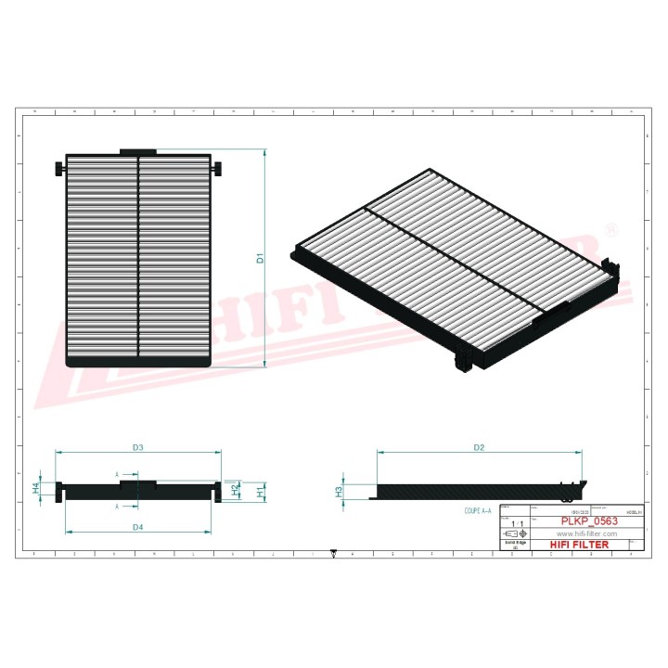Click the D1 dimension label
click(x=261, y=259)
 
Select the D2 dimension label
click(x=480, y=447)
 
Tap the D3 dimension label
click(x=138, y=447)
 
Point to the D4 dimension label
click(x=138, y=527)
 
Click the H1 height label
click(x=261, y=491)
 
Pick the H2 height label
click(x=235, y=487)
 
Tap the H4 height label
click(x=36, y=487)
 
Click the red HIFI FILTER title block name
click(x=579, y=545)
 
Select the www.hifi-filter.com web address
click(x=586, y=534)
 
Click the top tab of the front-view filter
click(x=138, y=150)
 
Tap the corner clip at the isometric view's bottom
click(x=461, y=362)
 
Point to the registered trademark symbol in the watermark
click(x=609, y=228)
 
